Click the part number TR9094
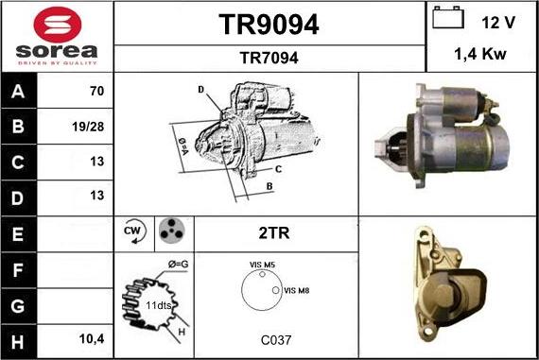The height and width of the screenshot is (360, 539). click(x=269, y=26)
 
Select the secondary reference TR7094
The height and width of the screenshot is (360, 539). click(x=269, y=58)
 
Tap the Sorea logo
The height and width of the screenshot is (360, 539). click(x=57, y=36)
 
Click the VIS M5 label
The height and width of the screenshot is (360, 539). click(x=262, y=266)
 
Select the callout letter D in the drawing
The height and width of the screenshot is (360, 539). click(x=201, y=91)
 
